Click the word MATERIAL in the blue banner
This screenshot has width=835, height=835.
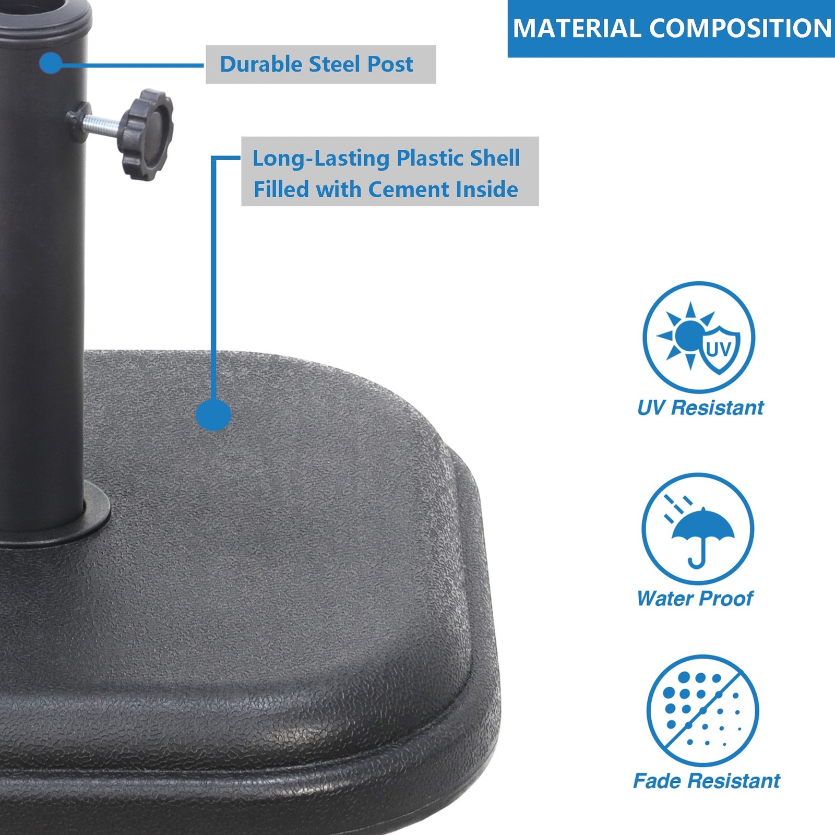[576, 28]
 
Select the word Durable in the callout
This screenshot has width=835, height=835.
[261, 64]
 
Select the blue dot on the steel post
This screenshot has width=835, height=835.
[51, 64]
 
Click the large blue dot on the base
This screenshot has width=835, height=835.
[213, 415]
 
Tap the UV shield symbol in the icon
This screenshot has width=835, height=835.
[719, 349]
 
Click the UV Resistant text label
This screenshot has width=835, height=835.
[700, 408]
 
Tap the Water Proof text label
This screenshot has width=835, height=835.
[695, 599]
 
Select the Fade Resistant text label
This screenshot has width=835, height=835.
[707, 781]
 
